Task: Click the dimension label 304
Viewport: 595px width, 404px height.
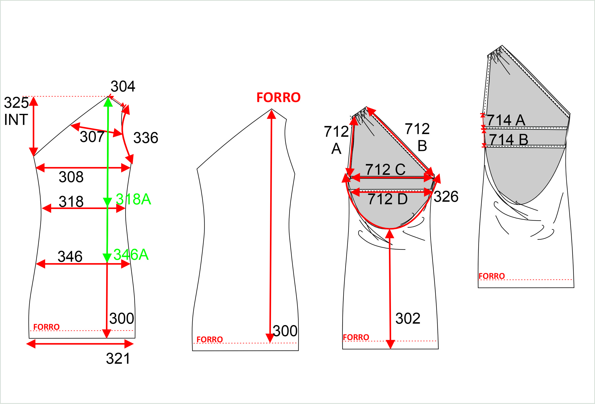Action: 123,86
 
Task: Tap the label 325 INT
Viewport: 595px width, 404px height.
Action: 16,111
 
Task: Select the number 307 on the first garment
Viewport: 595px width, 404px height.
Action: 92,137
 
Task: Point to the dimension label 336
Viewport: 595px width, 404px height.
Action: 146,138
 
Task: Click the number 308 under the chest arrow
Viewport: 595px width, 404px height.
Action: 71,177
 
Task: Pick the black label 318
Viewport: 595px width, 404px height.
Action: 71,201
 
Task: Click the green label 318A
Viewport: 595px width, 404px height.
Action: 134,199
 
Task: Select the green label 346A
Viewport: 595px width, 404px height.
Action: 131,254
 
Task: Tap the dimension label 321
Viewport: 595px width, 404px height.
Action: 118,359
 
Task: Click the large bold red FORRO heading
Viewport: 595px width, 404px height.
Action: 279,98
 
